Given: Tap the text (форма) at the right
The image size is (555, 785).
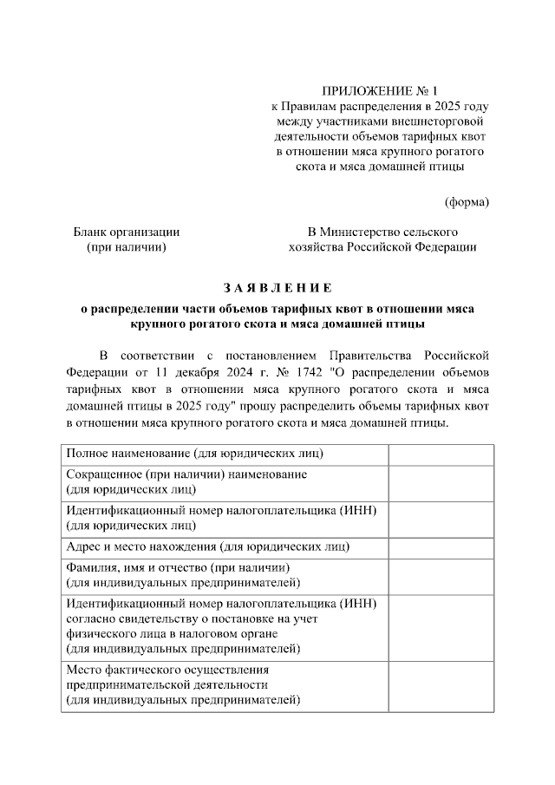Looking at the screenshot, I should [x=467, y=202].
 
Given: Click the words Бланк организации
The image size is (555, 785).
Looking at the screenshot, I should [x=127, y=232].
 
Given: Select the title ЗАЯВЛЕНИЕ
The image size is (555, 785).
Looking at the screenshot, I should [x=277, y=288].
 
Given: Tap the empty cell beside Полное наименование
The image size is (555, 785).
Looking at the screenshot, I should [x=441, y=454].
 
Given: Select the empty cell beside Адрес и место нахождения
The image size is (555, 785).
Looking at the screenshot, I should [x=441, y=546].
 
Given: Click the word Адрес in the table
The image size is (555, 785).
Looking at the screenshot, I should [x=85, y=546].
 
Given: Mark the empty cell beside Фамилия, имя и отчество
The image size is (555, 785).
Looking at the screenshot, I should [x=441, y=574].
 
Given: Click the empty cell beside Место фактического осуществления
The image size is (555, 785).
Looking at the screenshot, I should [x=441, y=685].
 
